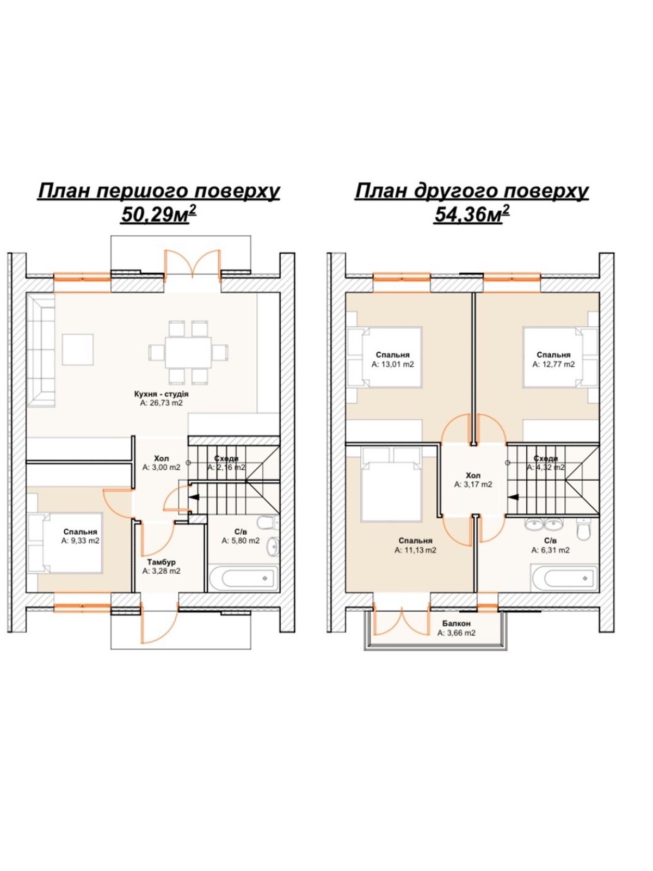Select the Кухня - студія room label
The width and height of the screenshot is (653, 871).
(x=161, y=394)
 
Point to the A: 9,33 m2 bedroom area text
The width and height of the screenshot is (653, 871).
(x=80, y=541)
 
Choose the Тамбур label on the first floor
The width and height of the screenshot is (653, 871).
(x=161, y=562)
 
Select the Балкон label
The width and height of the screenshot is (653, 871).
(x=457, y=623)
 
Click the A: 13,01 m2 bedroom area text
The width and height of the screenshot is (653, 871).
(x=392, y=364)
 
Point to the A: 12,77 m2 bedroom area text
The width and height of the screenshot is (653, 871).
(x=553, y=364)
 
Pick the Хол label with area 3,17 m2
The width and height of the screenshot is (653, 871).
(x=473, y=475)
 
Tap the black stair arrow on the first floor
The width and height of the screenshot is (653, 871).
(x=194, y=496)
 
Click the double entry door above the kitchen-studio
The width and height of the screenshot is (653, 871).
(x=192, y=263)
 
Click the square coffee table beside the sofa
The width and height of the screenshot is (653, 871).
(x=78, y=349)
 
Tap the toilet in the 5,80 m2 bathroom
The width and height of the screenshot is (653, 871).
(x=266, y=523)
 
